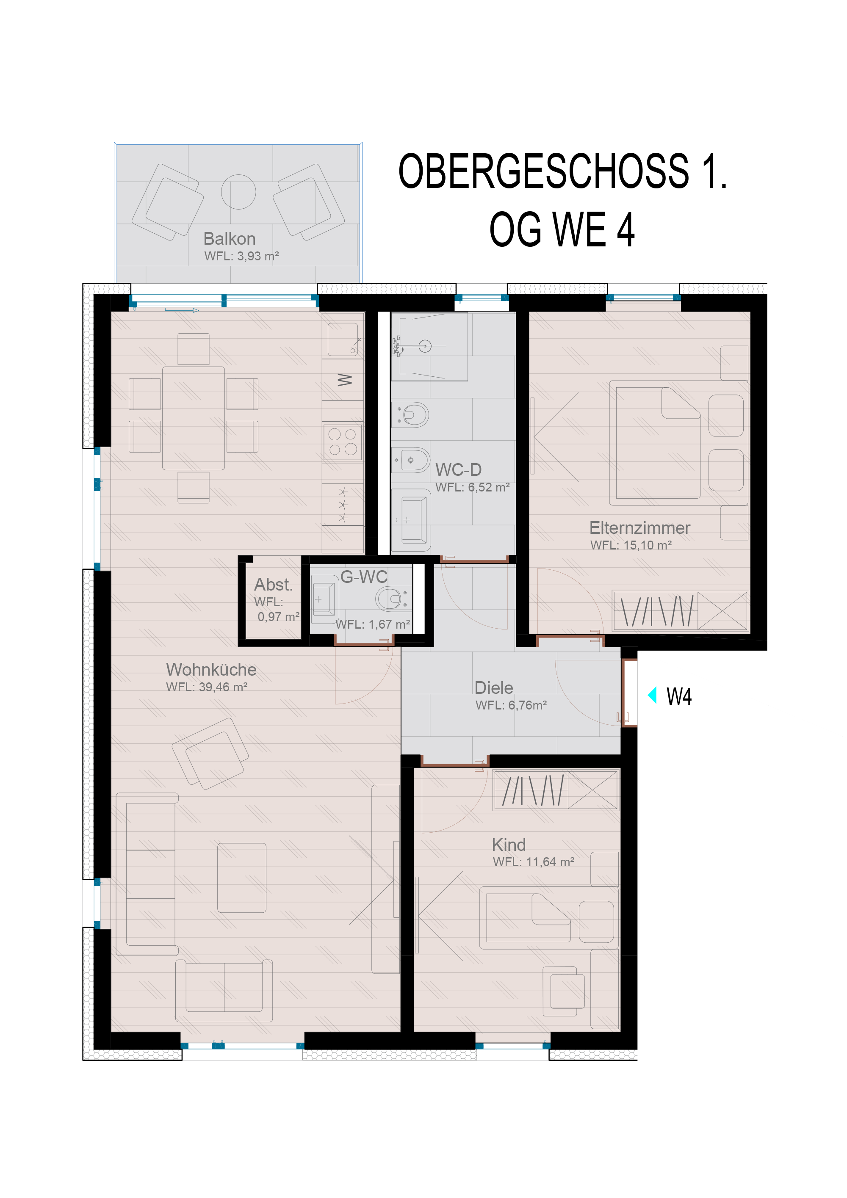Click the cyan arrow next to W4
(x=652, y=696)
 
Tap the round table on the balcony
(x=238, y=191)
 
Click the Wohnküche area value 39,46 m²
(x=223, y=687)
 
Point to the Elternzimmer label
(x=640, y=527)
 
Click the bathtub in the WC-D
(x=411, y=520)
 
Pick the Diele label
(x=494, y=688)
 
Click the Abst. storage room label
(x=274, y=584)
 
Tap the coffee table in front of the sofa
(x=242, y=878)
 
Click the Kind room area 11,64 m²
(x=550, y=862)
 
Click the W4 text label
(x=679, y=696)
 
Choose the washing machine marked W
(x=343, y=380)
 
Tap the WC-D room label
(x=458, y=469)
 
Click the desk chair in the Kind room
(x=564, y=991)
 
